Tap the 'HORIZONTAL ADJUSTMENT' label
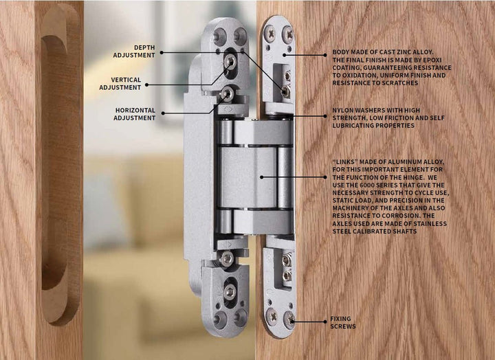135,114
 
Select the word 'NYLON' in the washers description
344,110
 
